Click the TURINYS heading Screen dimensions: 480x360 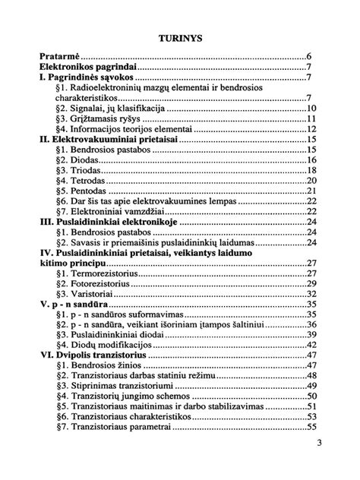click(179, 36)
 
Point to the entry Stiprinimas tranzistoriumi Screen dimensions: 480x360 click(120, 385)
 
